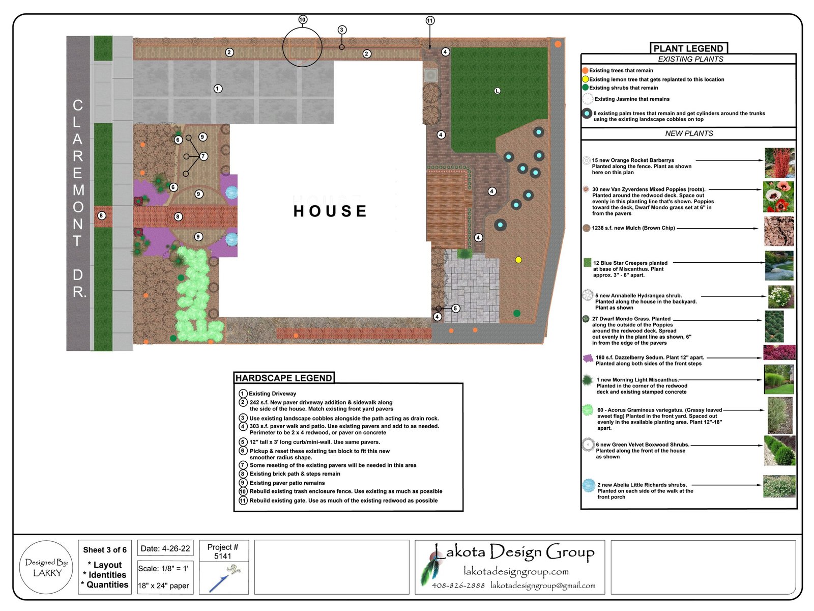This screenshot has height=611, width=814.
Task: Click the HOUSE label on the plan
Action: [330, 211]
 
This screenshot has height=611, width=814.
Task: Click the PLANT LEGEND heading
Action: [688, 48]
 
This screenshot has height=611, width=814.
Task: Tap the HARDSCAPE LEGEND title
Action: [284, 378]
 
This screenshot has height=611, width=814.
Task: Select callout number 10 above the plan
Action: [303, 20]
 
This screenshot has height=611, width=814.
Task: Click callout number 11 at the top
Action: [430, 20]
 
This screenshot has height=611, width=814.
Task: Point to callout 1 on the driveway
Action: [218, 89]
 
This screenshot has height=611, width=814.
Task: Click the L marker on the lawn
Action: [497, 91]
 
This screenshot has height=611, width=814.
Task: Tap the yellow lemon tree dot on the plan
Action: [518, 260]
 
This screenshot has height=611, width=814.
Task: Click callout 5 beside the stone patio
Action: [455, 308]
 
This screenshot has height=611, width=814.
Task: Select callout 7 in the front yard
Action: [203, 156]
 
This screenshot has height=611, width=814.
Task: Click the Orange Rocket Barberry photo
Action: [780, 163]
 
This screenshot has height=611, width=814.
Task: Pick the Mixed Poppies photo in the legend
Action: [778, 197]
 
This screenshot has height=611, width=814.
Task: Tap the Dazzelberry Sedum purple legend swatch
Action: [588, 358]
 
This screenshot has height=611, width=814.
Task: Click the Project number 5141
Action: [222, 551]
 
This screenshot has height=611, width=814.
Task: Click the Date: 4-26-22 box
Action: [165, 548]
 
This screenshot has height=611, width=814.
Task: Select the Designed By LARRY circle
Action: [46, 567]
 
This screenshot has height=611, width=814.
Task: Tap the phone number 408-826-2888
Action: [458, 586]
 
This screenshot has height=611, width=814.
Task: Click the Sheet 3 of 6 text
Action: [105, 550]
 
